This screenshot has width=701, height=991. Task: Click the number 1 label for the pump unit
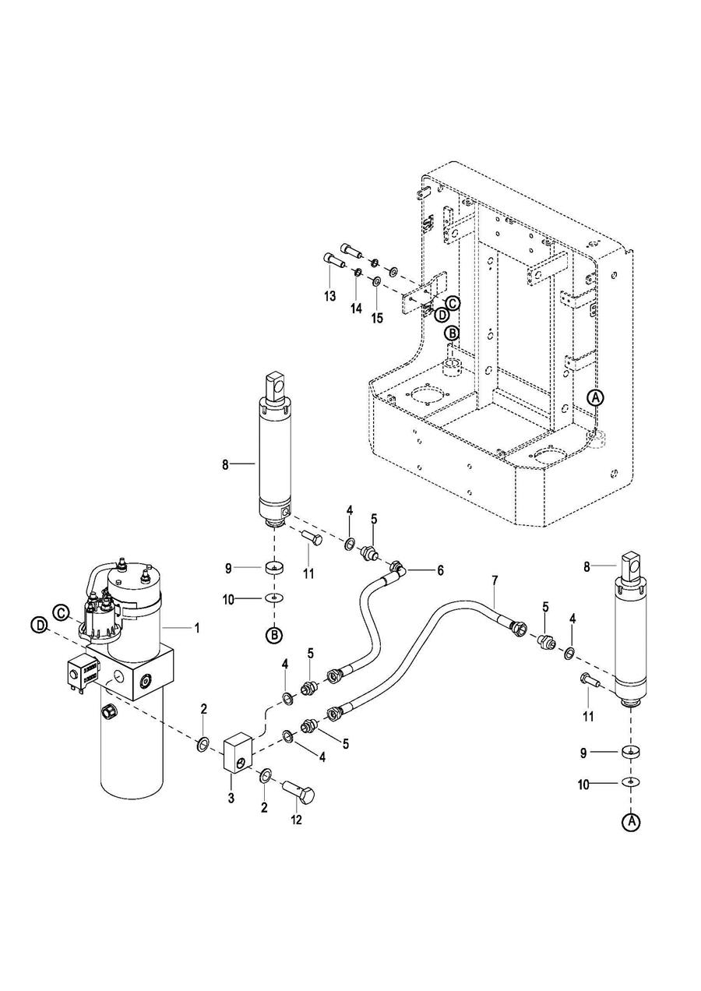(x=196, y=627)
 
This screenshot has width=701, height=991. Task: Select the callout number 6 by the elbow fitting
(x=440, y=570)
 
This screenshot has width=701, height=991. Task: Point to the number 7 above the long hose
(x=493, y=580)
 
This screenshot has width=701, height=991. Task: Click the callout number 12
(x=296, y=819)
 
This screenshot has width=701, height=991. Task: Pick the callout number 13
(x=329, y=296)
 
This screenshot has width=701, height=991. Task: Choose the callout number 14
(x=355, y=308)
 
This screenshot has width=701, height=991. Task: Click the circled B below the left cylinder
(x=274, y=636)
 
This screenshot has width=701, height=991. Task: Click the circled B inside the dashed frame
(x=452, y=333)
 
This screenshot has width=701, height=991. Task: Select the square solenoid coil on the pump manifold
(x=82, y=671)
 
